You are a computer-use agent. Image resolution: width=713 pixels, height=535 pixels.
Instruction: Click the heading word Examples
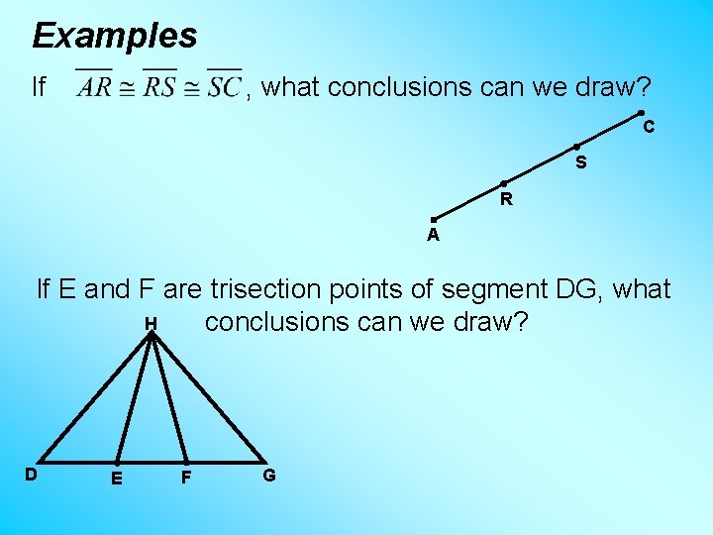(115, 37)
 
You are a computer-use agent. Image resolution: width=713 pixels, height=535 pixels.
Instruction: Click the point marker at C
(641, 113)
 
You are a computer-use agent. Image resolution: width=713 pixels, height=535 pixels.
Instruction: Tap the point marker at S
(576, 147)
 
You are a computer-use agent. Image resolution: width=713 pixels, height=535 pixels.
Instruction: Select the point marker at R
(503, 183)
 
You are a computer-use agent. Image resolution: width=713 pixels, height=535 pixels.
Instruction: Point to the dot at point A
(433, 219)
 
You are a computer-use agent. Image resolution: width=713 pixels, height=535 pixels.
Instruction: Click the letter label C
(648, 128)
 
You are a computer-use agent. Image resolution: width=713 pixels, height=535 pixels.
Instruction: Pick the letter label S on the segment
(581, 162)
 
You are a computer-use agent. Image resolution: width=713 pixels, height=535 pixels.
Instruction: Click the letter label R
(506, 199)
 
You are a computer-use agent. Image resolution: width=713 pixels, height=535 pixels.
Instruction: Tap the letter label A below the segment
(433, 236)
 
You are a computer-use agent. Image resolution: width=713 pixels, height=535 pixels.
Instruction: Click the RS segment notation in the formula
(158, 87)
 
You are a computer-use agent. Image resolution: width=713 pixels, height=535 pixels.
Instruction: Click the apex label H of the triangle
(151, 323)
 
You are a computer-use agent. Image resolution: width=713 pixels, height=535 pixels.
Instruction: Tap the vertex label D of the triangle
(32, 475)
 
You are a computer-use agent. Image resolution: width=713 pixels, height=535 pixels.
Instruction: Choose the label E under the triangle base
(118, 479)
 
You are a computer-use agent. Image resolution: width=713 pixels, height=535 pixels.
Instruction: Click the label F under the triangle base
(185, 479)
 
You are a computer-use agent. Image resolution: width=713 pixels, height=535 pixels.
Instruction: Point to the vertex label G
(269, 475)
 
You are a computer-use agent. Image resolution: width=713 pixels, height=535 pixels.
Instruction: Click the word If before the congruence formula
(40, 87)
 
